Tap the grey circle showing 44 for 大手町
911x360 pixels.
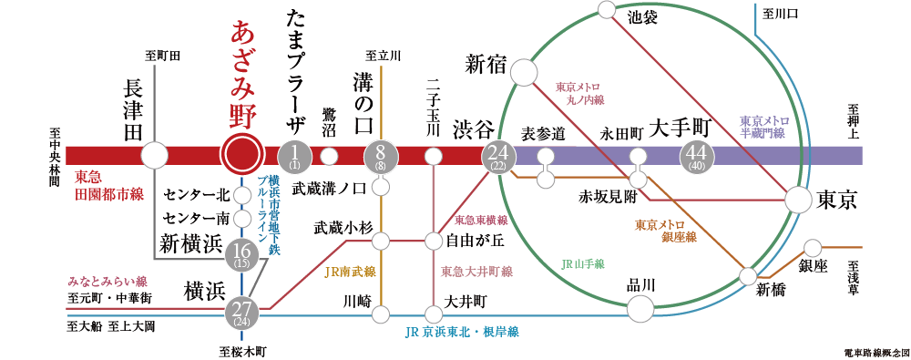coord(699,157)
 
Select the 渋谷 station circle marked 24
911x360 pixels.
coord(498,157)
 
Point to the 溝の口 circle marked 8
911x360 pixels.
coord(381,157)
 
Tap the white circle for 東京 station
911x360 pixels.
coord(798,200)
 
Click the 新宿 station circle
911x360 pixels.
coord(523,71)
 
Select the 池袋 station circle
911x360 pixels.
coord(608,11)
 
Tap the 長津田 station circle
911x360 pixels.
coord(155,155)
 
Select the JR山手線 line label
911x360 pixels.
coord(583,264)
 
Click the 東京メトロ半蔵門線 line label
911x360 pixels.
coord(763,127)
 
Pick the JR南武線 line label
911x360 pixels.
coord(351,271)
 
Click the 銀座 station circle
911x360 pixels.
coord(813,247)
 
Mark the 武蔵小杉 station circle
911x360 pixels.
coord(381,241)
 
